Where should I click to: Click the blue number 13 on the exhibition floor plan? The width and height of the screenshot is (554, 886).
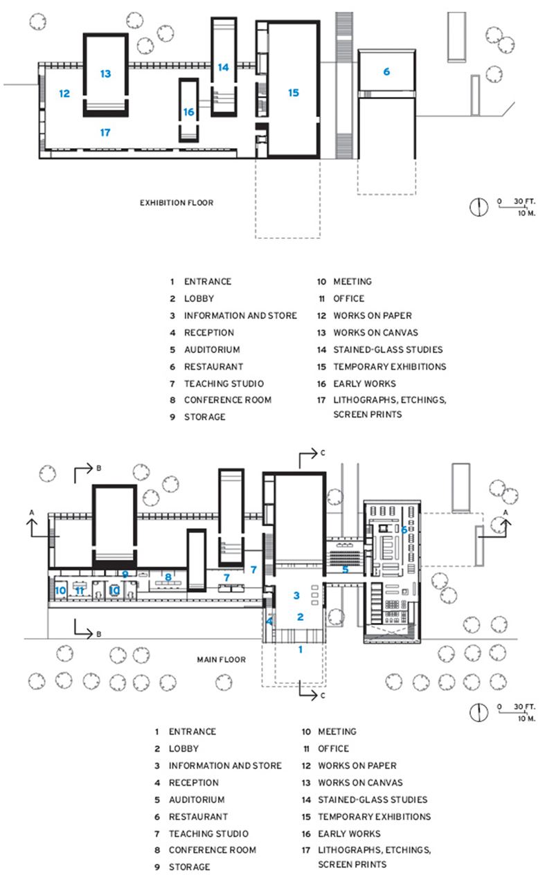coord(105,73)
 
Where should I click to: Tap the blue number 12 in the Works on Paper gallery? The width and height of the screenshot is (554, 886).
coord(64,93)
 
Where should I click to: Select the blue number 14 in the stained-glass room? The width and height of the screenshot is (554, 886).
coord(223,67)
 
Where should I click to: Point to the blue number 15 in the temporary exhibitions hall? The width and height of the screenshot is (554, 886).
coord(294,92)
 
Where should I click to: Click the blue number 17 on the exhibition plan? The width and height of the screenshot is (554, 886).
coord(105,132)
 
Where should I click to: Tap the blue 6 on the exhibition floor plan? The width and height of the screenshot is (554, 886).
coord(386,71)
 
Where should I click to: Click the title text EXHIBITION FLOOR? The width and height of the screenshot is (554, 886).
coord(177,203)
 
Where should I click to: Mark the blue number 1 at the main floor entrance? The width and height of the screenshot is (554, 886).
coord(301,649)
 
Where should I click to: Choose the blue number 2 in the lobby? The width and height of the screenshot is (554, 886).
coord(301,617)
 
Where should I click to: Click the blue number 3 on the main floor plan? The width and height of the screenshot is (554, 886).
coord(296,595)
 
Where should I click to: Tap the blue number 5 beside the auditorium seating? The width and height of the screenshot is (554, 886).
coord(345,570)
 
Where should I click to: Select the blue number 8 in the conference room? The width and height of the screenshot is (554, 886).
coord(168,576)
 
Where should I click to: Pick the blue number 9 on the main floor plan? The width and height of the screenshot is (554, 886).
coord(125,574)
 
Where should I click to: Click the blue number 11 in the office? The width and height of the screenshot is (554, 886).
coord(80,590)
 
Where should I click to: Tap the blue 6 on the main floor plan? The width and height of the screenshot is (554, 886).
coord(403,529)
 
